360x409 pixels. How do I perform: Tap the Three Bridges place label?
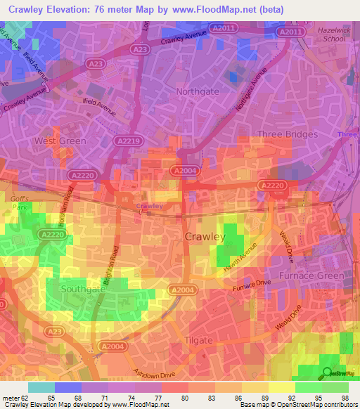pyautogui.click(x=288, y=134)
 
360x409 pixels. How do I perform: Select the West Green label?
pyautogui.click(x=60, y=141)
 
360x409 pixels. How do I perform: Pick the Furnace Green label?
pyautogui.click(x=311, y=275)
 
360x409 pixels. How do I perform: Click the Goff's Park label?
pyautogui.click(x=20, y=203)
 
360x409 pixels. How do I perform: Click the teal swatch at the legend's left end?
pyautogui.click(x=41, y=387)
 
